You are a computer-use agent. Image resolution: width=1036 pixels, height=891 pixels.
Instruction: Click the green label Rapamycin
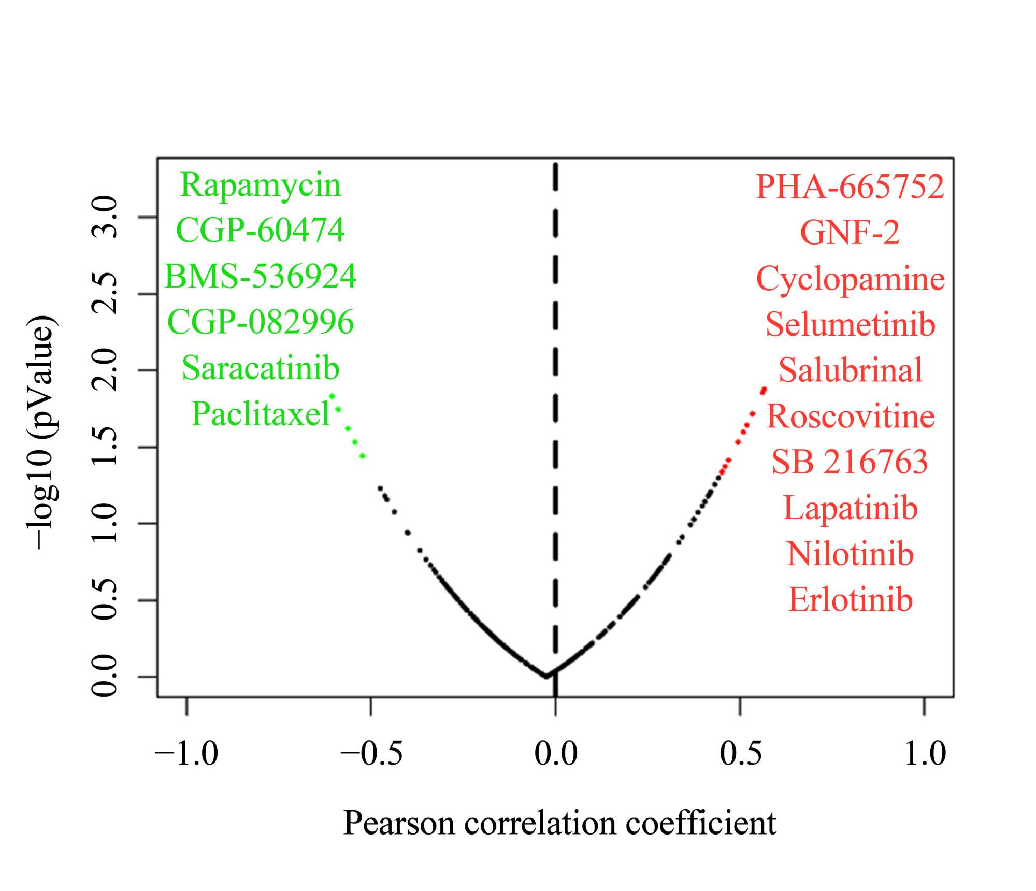click(x=260, y=185)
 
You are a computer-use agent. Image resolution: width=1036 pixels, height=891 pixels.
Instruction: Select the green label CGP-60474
click(x=260, y=230)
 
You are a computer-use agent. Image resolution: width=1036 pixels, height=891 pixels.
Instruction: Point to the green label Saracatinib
click(x=260, y=368)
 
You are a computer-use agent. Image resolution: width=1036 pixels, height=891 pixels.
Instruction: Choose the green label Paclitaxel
click(x=260, y=414)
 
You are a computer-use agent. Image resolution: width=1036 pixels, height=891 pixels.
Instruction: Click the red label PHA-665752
click(x=850, y=186)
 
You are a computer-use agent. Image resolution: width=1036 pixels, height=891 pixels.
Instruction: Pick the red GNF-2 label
click(x=850, y=232)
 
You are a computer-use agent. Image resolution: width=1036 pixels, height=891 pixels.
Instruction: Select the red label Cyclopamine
click(x=850, y=279)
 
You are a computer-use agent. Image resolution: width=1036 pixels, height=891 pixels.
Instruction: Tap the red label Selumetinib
click(x=850, y=325)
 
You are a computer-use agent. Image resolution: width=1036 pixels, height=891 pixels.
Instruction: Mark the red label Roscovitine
click(x=850, y=416)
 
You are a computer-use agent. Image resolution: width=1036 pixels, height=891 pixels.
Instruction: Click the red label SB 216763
click(x=850, y=462)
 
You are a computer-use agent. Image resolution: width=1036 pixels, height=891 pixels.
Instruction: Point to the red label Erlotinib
click(x=850, y=600)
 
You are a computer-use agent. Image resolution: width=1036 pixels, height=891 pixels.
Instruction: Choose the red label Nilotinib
click(x=850, y=554)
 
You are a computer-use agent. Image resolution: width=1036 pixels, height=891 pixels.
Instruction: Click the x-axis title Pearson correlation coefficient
click(x=559, y=823)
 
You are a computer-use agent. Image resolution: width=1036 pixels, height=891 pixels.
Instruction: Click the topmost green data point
click(x=332, y=396)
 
